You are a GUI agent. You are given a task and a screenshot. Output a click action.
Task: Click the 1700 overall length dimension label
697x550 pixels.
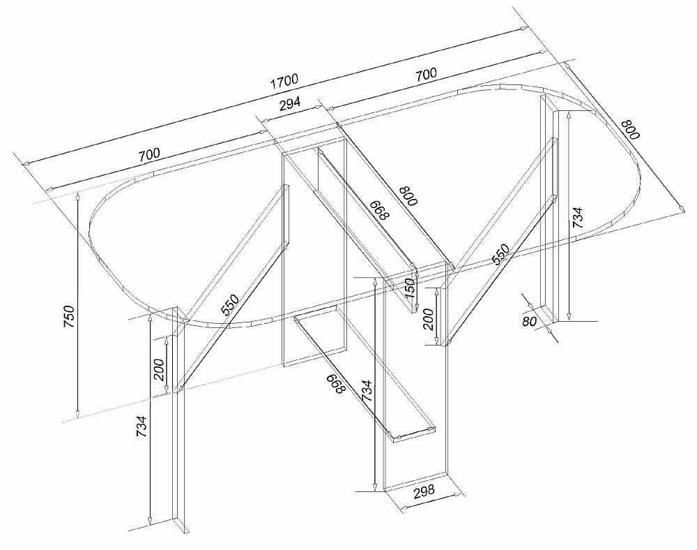pos(284,81)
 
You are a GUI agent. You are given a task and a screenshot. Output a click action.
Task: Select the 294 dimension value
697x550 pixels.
pos(290,104)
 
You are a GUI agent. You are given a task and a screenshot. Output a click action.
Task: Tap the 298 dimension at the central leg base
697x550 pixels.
pos(424,491)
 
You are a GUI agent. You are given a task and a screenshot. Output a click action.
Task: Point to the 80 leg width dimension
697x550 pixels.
pos(530,320)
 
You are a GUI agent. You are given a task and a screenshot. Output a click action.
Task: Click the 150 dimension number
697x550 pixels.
pos(411,288)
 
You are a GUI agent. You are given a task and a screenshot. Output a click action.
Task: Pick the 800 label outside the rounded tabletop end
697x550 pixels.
pos(630,130)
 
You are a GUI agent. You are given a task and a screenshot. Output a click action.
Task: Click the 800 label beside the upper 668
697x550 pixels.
pos(408,196)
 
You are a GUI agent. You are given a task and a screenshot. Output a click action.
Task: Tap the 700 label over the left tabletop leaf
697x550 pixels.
pos(149,155)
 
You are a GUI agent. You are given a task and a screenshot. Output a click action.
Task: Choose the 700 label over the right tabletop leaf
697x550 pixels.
pos(426,73)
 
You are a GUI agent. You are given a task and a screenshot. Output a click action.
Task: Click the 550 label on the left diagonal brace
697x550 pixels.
pos(230,305)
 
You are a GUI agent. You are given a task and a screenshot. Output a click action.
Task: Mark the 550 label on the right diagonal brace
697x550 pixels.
pos(500,255)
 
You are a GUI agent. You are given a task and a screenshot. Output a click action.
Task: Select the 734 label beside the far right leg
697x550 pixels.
pos(576,218)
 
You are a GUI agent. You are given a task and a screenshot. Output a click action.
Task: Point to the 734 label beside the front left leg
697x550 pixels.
pos(141,426)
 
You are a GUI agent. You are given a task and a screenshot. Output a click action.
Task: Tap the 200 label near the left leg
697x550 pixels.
pos(159,369)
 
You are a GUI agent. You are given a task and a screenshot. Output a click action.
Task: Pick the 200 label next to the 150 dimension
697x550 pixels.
pos(429,319)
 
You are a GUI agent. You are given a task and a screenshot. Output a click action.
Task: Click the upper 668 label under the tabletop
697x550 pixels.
pos(380,209)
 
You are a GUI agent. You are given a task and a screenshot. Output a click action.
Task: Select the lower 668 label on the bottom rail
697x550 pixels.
pos(336,384)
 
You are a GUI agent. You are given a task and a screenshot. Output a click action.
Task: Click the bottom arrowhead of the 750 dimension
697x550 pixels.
pos(77,415)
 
